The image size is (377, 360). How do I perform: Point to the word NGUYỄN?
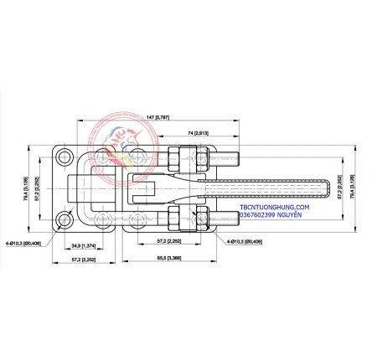coord(287,214)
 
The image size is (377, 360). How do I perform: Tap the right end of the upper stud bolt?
coord(240,157)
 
